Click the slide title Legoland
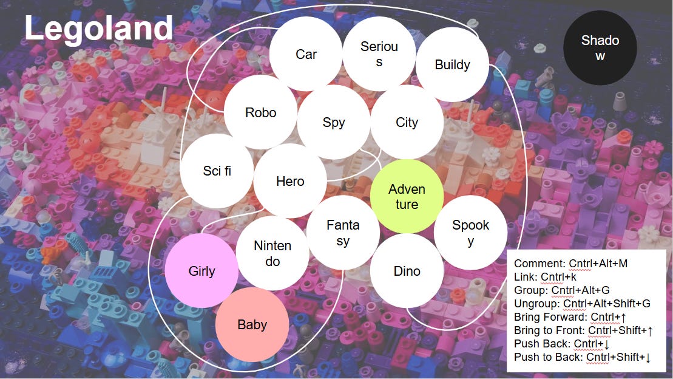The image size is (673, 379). point(98,29)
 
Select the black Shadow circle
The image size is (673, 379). point(600,48)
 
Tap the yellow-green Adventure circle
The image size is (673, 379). point(407,196)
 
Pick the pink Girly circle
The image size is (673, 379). point(202,271)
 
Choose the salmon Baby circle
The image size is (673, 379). point(252,324)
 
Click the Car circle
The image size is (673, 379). point(306,54)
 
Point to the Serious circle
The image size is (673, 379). point(379,54)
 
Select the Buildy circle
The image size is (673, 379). point(452,65)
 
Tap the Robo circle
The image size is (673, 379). point(260,112)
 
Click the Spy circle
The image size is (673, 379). point(334,122)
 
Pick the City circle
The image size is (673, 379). point(407,122)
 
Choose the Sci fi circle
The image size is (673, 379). point(217,171)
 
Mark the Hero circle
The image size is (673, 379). point(290,181)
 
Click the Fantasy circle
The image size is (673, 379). point(343,232)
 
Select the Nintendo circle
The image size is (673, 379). point(272,253)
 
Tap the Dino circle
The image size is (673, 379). point(407,271)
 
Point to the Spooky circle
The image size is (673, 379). point(470,232)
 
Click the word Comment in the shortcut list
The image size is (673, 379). point(539,264)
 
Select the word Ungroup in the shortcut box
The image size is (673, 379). point(536,303)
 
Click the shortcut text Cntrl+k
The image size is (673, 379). point(558,277)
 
